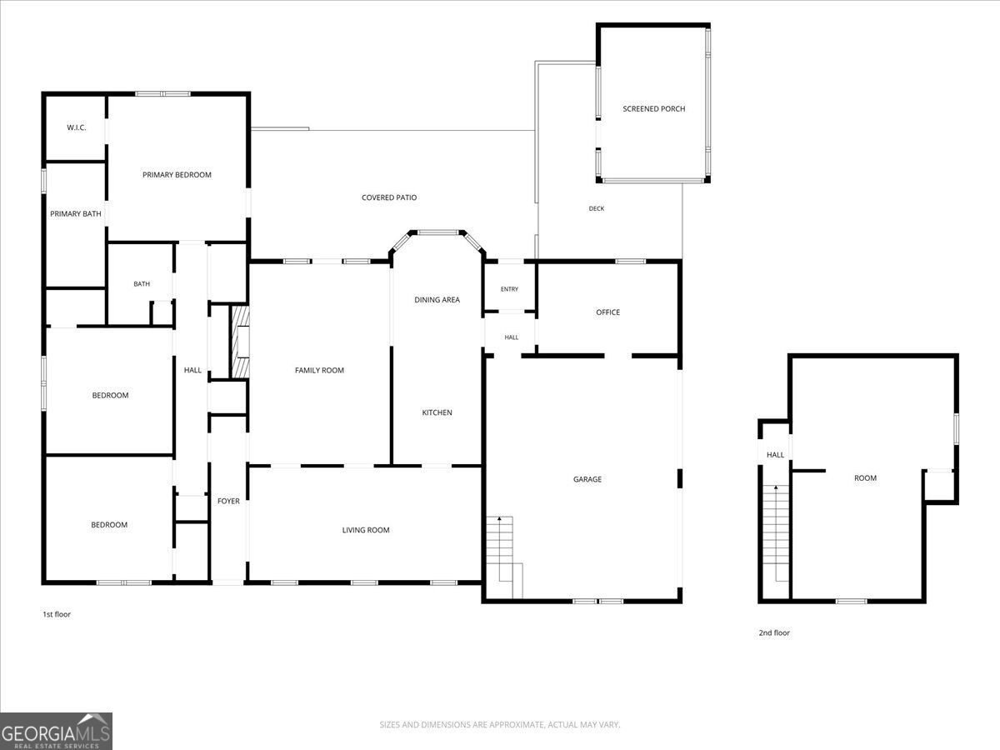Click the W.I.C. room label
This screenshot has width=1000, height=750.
(77, 127)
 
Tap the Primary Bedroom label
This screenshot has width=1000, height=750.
(177, 175)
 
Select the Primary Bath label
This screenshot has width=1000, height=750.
(76, 213)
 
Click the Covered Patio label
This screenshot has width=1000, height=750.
(389, 197)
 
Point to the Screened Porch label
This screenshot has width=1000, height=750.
(654, 109)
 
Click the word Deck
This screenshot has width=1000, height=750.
(597, 208)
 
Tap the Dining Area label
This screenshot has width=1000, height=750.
(437, 300)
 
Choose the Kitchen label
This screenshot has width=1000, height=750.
(437, 412)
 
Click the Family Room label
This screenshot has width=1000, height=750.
(319, 370)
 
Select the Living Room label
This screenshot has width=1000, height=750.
(366, 530)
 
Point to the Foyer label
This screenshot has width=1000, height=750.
(228, 501)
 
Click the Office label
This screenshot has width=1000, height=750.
(607, 312)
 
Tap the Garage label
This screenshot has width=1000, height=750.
(587, 479)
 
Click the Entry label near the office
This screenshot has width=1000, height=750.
(509, 289)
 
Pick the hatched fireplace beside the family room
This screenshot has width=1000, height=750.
(240, 342)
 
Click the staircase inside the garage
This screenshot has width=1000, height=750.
(504, 557)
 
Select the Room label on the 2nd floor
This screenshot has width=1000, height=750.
(865, 478)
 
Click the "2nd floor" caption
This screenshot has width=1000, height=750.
(774, 632)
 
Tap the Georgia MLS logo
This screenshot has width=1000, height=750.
(56, 731)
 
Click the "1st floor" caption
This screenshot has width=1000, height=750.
(57, 614)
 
